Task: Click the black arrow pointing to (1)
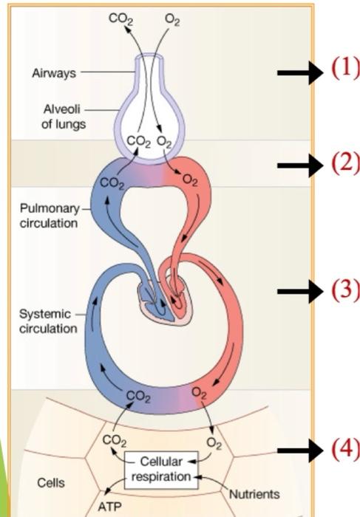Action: (299, 72)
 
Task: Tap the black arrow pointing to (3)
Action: (299, 291)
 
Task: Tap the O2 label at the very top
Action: (172, 20)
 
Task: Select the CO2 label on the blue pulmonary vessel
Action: (113, 182)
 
